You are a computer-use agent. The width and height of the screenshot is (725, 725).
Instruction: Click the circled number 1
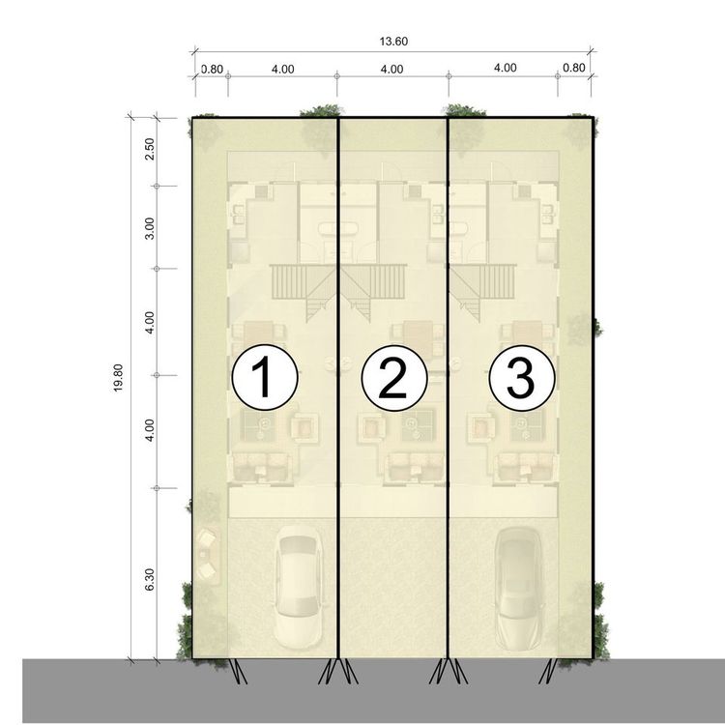click(265, 377)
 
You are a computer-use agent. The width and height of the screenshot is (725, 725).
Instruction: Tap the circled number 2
click(394, 378)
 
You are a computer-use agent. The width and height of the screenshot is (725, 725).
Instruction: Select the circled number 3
click(522, 378)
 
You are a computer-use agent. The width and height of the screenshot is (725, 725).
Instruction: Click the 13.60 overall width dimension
click(393, 42)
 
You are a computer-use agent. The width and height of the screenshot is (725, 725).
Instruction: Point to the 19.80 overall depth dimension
click(118, 378)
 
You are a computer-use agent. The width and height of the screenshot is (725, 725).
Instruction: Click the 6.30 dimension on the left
click(149, 579)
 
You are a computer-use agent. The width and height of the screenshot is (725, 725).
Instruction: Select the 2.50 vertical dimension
click(149, 149)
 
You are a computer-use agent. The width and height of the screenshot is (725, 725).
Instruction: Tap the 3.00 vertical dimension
click(149, 228)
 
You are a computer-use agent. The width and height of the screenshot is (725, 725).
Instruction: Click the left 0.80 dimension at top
click(213, 70)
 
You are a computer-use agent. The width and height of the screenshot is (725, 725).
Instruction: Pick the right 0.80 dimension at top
click(574, 68)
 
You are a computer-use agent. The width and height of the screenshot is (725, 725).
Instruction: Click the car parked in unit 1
click(299, 587)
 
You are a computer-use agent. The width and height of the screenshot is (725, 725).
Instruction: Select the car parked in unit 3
click(518, 588)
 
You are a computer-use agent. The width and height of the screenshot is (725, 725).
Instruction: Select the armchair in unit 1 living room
click(304, 427)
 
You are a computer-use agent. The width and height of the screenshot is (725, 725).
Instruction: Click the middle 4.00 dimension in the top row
click(391, 70)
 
